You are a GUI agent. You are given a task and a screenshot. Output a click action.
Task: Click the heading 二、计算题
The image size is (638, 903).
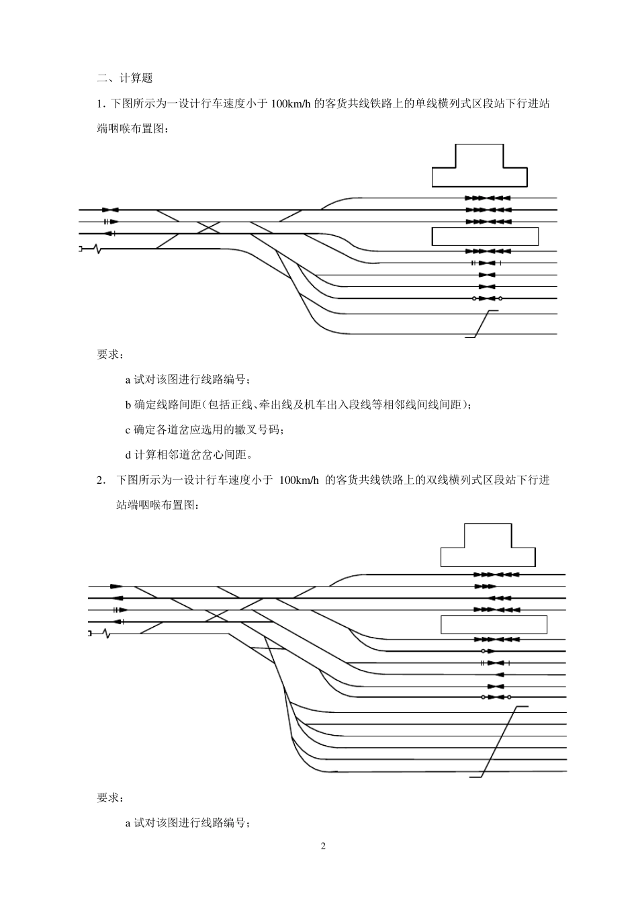125,79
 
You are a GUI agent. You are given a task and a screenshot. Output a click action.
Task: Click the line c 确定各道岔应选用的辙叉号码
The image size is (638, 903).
205,430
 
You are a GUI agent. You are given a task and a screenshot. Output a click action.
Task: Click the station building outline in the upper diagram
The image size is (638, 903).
479,168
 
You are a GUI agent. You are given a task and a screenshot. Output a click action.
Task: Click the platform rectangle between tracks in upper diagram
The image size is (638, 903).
485,236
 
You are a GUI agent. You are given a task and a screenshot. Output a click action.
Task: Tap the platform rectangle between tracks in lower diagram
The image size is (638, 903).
494,624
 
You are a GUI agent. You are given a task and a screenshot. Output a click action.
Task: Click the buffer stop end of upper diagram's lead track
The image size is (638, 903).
81,249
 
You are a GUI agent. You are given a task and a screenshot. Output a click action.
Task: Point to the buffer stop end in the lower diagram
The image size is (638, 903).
90,633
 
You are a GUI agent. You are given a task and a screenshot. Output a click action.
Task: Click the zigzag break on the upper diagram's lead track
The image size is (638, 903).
99,249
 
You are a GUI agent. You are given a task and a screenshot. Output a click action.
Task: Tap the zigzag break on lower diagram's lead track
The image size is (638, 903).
107,633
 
